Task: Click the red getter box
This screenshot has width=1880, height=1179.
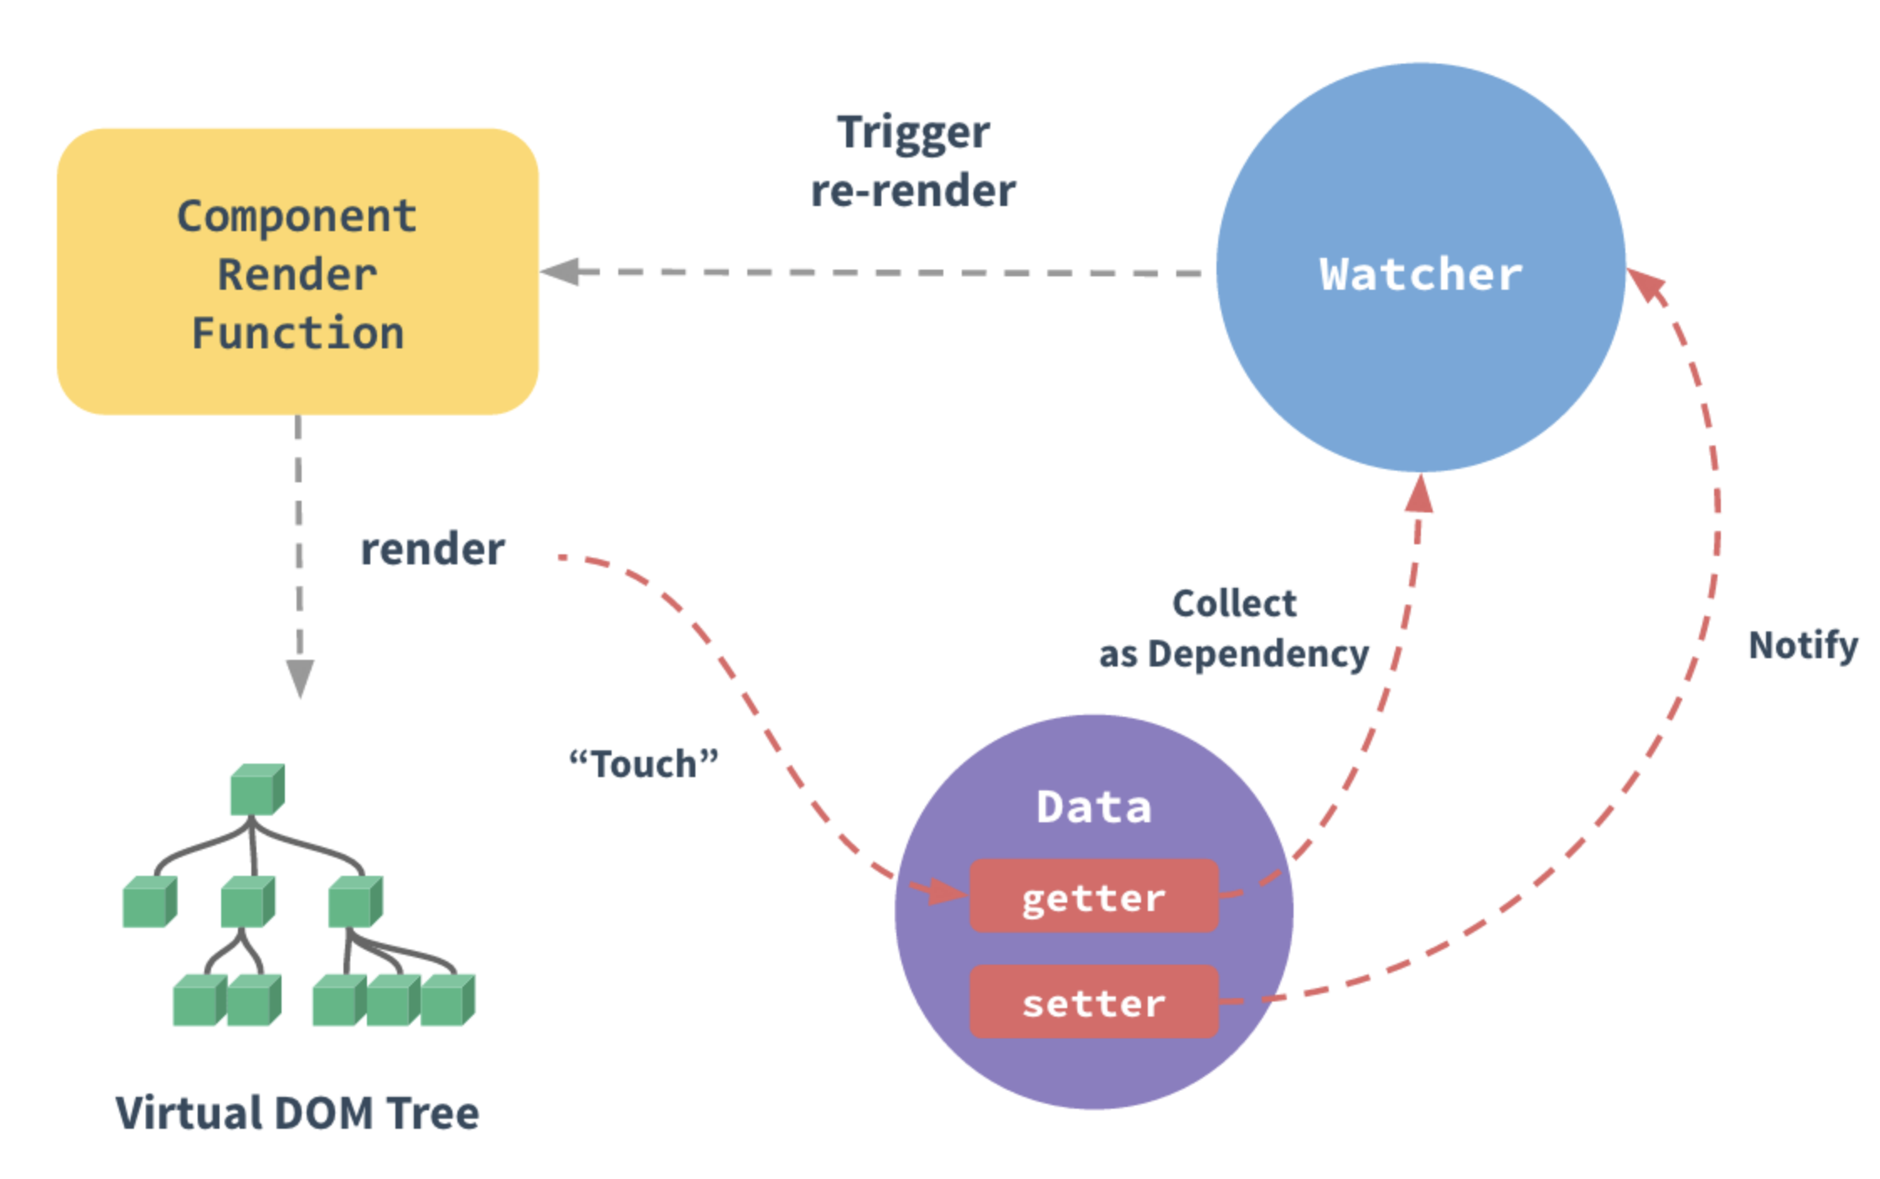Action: pos(1093,896)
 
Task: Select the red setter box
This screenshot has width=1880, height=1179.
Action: pos(1093,1002)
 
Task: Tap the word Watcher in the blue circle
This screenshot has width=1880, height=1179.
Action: pos(1420,274)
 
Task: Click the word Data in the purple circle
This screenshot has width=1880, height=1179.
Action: pos(1093,807)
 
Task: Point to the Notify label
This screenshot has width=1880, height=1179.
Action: pos(1803,645)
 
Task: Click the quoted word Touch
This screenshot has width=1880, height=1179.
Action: pos(643,764)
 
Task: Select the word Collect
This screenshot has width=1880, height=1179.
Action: pos(1234,603)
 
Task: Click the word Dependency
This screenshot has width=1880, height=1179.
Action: pos(1258,654)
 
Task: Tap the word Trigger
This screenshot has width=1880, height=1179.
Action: pos(913,132)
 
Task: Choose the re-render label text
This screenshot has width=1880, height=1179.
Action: pos(913,191)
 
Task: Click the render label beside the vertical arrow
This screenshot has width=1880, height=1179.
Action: pos(432,549)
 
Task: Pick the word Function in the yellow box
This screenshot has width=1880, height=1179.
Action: pos(297,333)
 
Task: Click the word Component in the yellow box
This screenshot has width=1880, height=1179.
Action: pos(297,216)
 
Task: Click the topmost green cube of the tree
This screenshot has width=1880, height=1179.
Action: pos(256,789)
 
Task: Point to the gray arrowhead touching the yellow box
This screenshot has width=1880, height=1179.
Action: pos(561,271)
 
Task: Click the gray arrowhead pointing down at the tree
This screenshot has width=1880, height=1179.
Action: pos(300,677)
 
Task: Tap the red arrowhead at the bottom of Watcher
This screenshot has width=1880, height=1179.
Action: pos(1419,494)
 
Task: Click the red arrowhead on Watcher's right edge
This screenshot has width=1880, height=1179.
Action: pos(1647,286)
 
